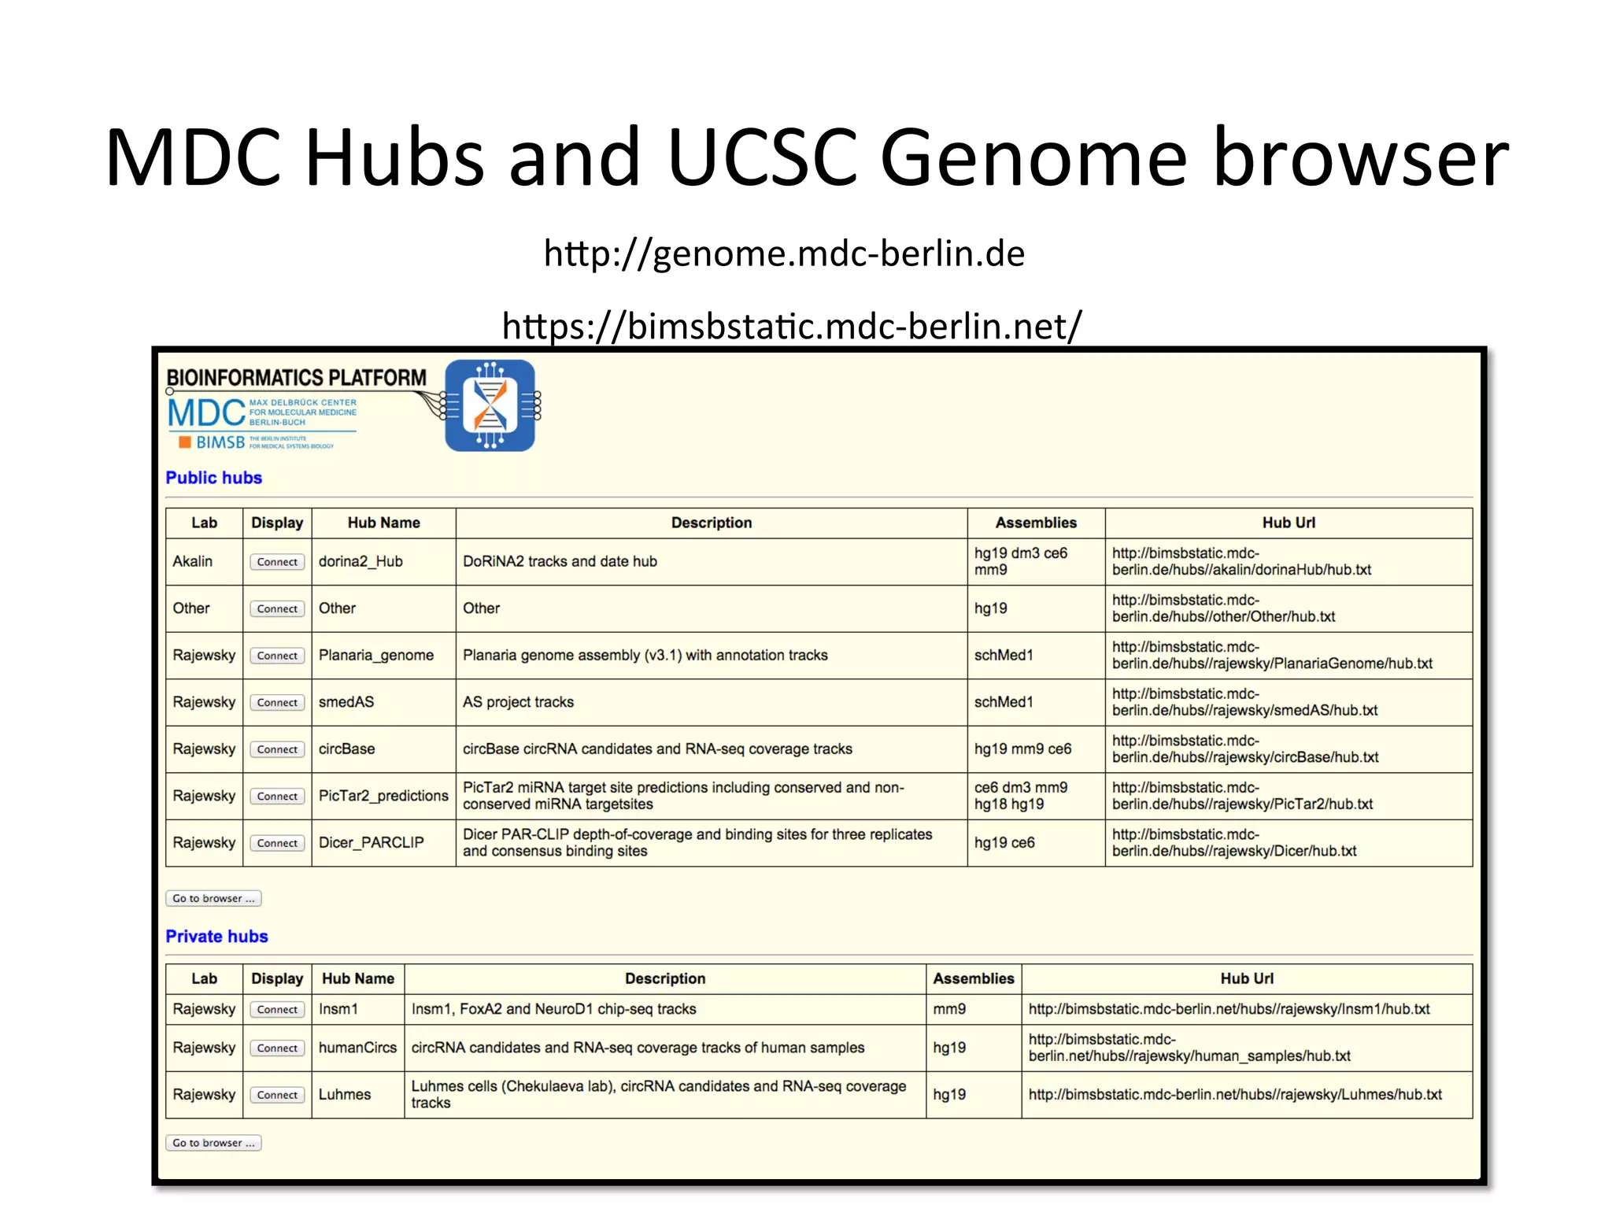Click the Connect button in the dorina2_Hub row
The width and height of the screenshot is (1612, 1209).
coord(277,562)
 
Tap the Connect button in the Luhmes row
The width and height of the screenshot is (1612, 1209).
coord(277,1095)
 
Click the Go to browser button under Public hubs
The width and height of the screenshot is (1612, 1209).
coord(213,898)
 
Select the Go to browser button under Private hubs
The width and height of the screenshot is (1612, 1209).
coord(213,1143)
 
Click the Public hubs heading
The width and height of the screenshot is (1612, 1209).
coord(213,478)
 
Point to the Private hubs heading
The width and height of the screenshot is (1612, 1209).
coord(216,936)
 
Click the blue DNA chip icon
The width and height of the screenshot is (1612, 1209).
coord(490,405)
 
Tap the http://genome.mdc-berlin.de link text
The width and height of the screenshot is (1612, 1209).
coord(784,253)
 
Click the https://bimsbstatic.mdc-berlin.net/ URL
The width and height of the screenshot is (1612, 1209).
coord(792,326)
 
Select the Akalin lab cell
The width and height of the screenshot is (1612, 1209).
coord(193,561)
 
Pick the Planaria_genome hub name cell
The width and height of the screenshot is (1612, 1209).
coord(376,655)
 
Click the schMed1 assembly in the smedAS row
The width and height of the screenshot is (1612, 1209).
coord(1004,702)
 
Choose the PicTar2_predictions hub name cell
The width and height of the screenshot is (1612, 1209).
coord(383,796)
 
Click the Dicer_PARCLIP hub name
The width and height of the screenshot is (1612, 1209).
coord(372,842)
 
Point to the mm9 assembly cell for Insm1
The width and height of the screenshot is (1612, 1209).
coord(949,1009)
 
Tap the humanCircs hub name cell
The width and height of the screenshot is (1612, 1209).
coord(357,1048)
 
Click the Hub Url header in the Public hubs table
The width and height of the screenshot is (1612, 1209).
coord(1288,523)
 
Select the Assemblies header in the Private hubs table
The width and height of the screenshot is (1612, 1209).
coord(974,978)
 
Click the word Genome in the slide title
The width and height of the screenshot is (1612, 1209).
coord(1033,157)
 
